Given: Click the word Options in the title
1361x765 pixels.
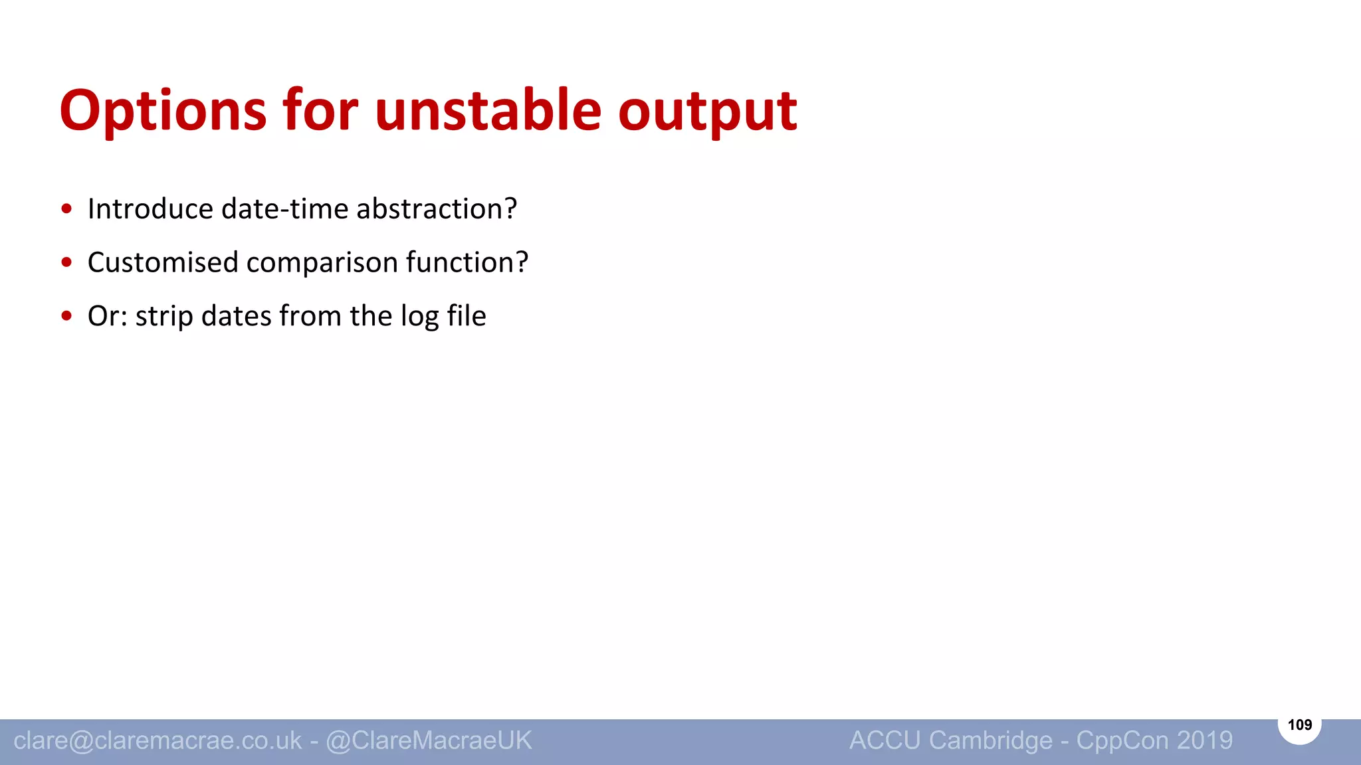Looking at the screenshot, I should point(163,112).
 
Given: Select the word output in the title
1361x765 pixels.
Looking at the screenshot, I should point(707,112).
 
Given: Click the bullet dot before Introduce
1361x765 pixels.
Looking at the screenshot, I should point(66,209).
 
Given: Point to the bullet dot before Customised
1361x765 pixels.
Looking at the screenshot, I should point(66,262).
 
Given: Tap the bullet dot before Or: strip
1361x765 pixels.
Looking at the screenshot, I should point(66,316).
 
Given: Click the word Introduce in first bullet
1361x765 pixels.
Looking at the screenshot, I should point(150,209).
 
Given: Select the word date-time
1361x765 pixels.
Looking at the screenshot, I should point(285,209).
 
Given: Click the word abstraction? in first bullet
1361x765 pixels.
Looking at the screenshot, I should point(437,209).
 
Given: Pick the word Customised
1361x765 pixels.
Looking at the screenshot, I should point(163,262).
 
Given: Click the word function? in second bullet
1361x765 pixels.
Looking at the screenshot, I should point(467,262).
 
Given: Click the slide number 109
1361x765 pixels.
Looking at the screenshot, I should point(1299,724).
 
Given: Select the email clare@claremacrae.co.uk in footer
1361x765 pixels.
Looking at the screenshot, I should point(157,740).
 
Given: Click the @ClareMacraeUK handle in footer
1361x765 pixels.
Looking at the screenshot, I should point(429,740).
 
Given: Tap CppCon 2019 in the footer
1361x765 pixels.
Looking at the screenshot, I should point(1154,740).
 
